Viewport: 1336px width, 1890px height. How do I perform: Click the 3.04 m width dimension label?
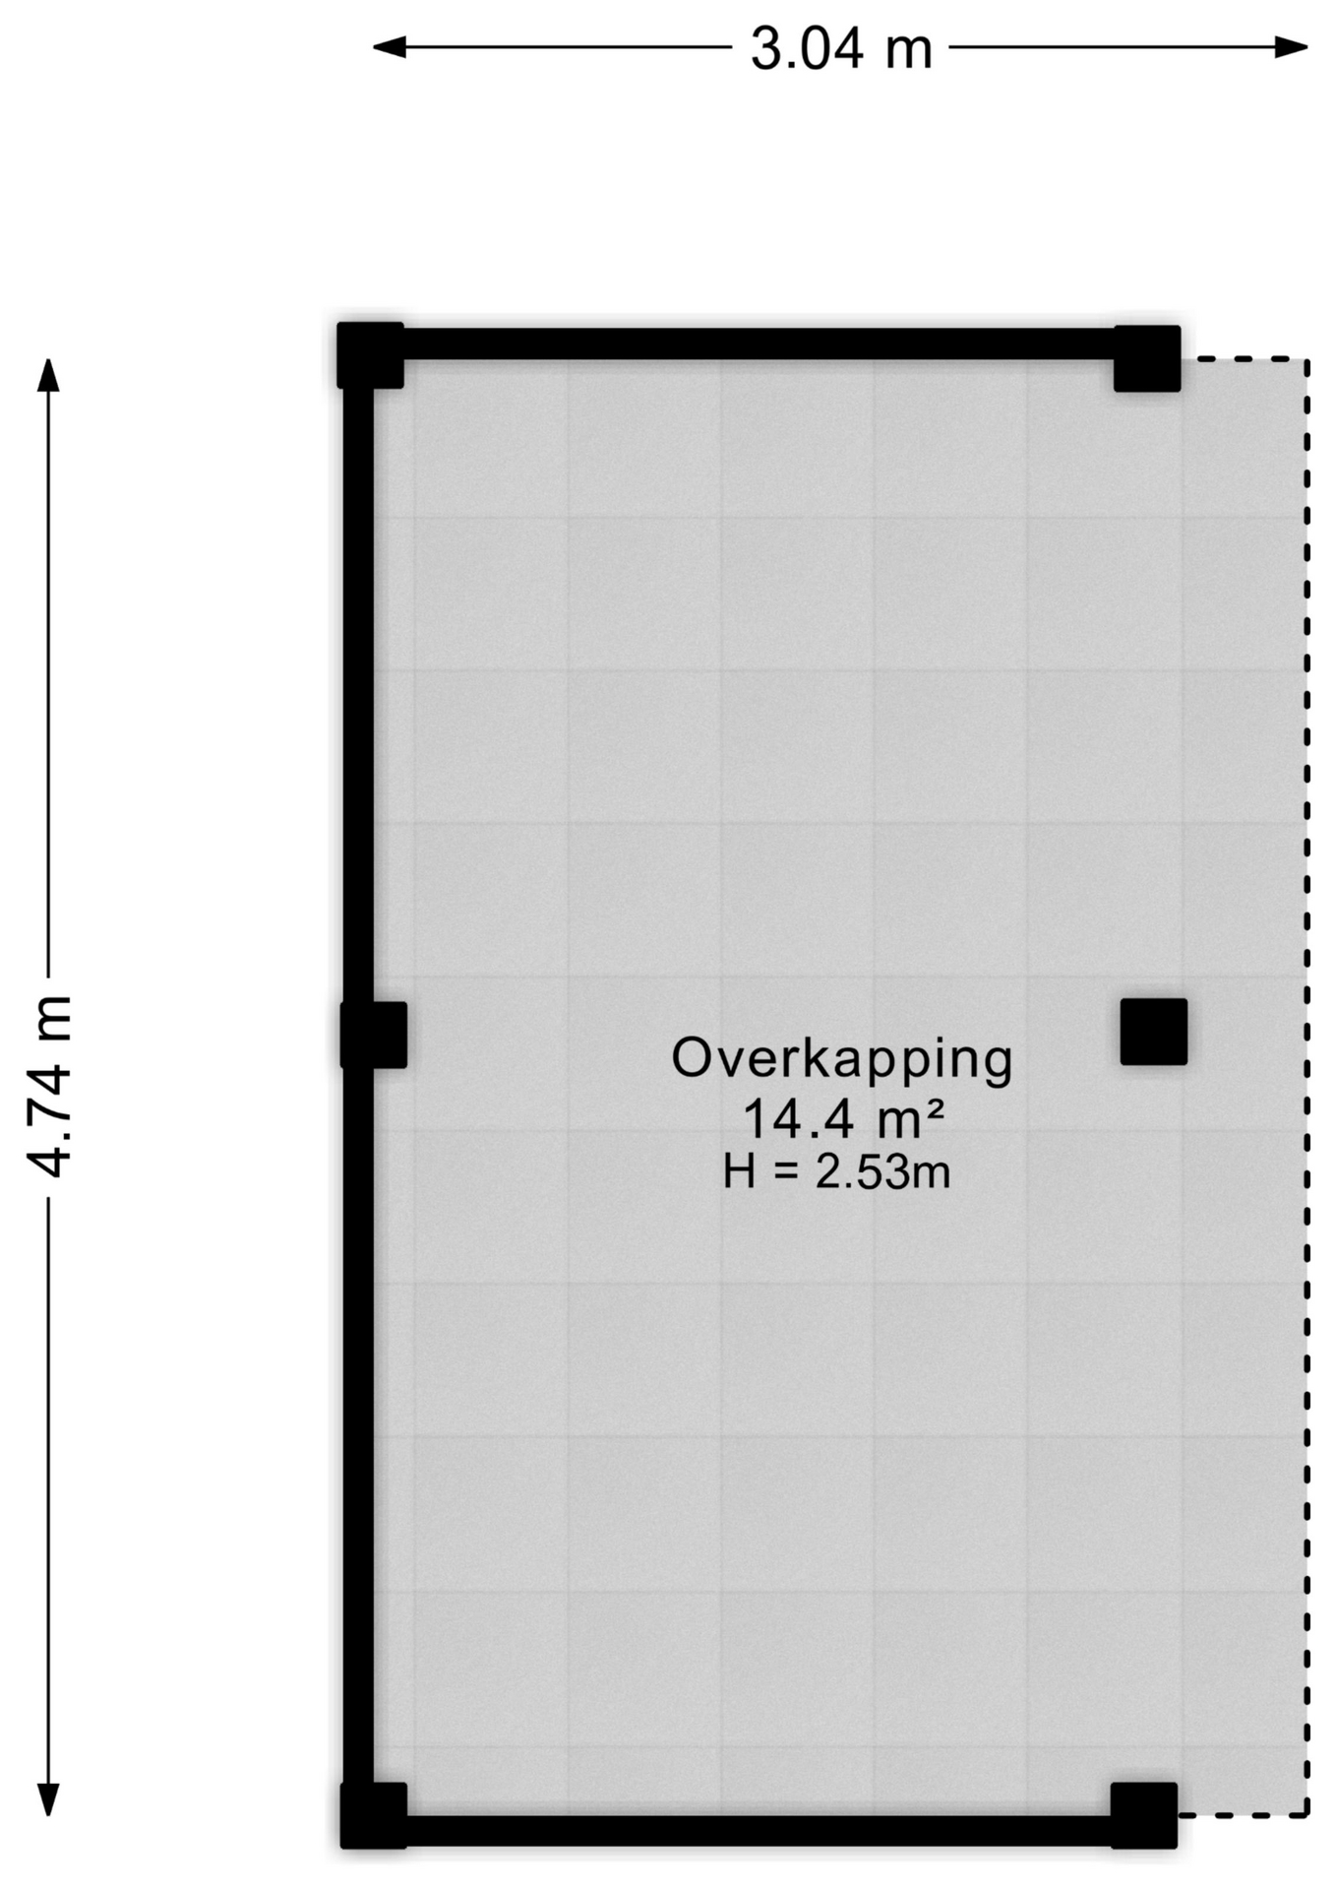[x=841, y=48]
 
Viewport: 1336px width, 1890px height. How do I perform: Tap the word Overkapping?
[x=841, y=1059]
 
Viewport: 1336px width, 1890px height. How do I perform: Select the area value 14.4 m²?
[x=843, y=1119]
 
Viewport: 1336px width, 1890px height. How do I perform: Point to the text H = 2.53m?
[x=836, y=1172]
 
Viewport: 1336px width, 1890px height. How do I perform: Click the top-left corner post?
[x=370, y=355]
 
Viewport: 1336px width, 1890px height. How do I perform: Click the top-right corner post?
[x=1147, y=358]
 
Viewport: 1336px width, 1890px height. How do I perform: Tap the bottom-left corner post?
[x=374, y=1814]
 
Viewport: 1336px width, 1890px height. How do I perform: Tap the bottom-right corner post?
[x=1144, y=1814]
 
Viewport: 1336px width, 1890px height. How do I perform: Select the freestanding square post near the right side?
[x=1153, y=1032]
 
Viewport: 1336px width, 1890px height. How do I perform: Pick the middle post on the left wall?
[x=374, y=1035]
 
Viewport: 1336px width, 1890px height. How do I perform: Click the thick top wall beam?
[x=758, y=345]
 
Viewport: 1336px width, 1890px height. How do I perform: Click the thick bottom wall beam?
[x=758, y=1831]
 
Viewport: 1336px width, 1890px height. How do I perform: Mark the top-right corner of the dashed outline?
[x=1307, y=360]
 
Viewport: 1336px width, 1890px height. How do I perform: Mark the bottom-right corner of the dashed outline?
[x=1307, y=1813]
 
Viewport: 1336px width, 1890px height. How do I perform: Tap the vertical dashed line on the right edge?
[x=1307, y=1083]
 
